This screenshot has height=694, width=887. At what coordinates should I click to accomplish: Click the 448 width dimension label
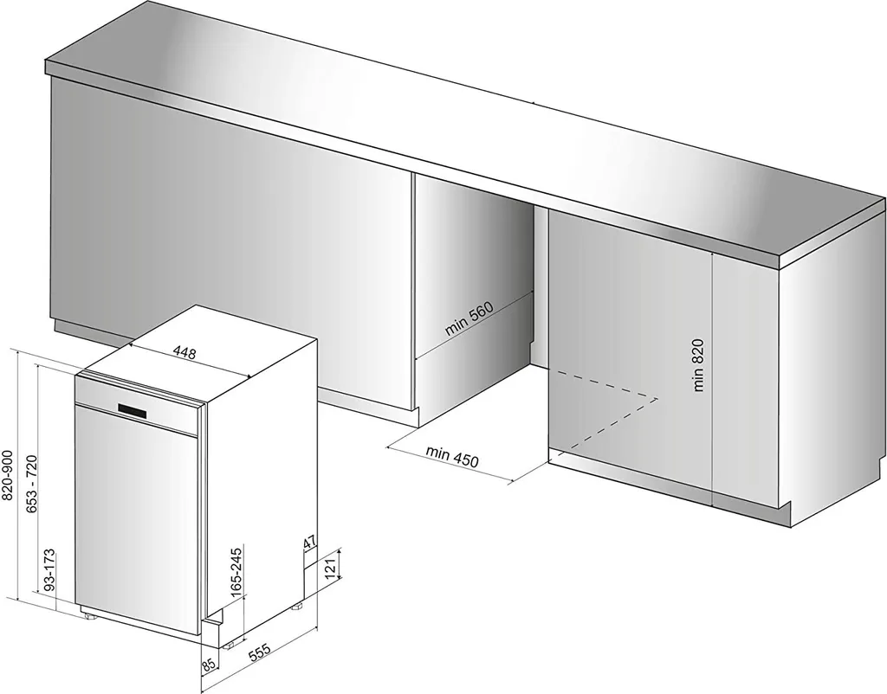185,353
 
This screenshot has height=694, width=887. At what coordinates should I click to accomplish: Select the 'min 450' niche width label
452,457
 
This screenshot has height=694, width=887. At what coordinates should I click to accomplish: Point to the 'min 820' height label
698,364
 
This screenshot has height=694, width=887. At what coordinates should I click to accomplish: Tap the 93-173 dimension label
49,569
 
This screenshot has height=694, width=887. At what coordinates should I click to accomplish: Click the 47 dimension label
309,543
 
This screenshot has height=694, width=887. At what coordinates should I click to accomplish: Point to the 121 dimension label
332,564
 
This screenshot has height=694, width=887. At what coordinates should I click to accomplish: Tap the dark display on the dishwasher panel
133,411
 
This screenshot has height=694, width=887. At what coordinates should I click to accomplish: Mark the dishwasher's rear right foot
297,607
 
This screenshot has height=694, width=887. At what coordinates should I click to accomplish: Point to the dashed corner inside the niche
658,398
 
